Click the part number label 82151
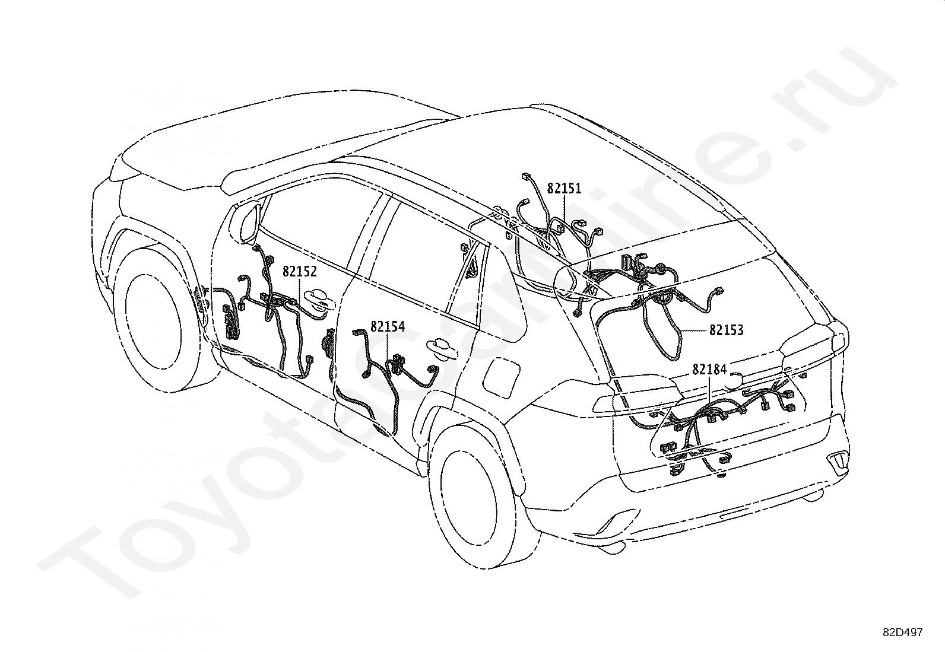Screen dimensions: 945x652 [x=564, y=188]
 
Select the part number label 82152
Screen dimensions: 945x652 [x=300, y=272]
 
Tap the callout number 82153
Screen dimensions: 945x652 [x=726, y=330]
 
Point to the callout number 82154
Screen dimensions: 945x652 [x=388, y=326]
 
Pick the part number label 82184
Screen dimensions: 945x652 [x=709, y=369]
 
